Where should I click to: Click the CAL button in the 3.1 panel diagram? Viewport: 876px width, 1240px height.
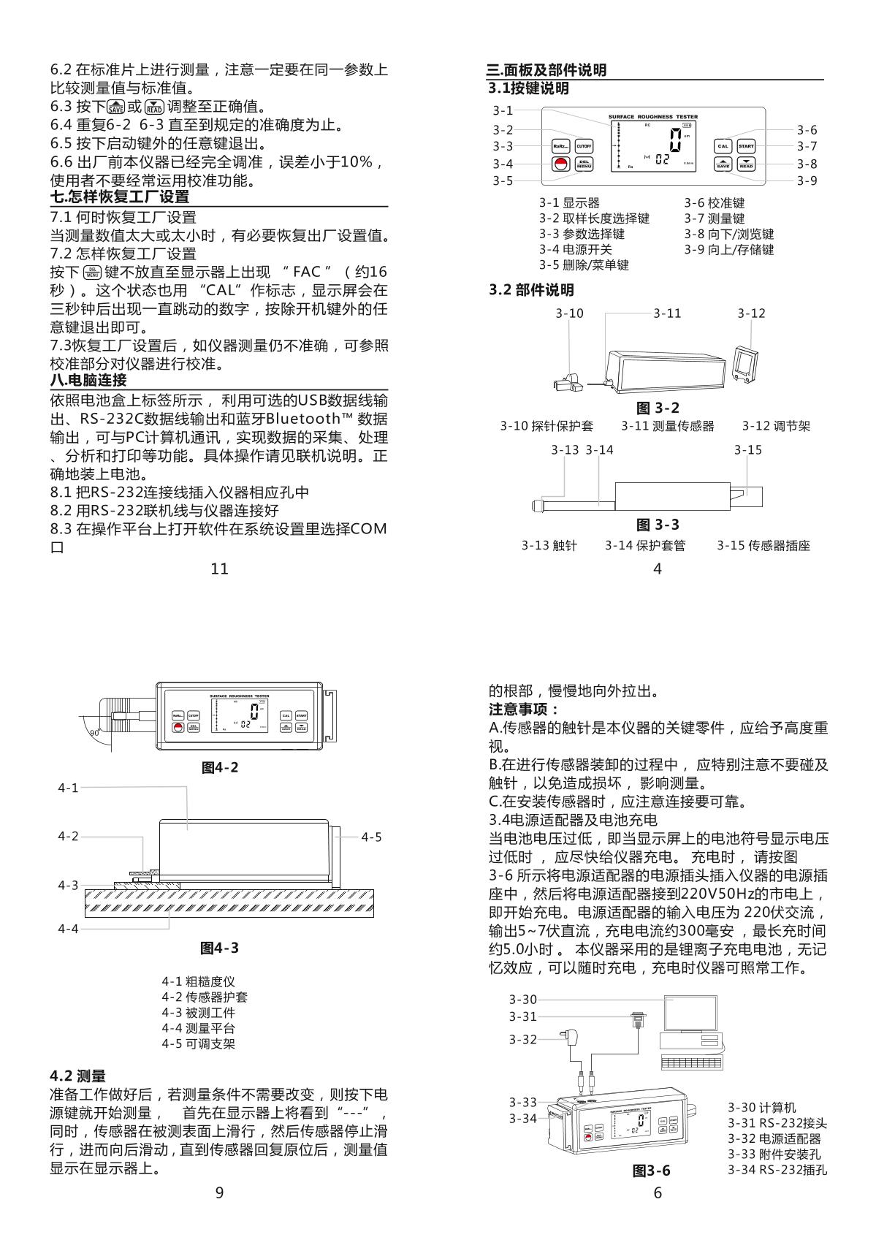[x=723, y=146]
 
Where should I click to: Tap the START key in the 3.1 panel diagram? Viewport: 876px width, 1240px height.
[x=746, y=146]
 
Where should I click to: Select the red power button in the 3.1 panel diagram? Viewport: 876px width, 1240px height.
[x=560, y=164]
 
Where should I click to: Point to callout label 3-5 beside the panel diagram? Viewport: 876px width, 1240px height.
[x=503, y=181]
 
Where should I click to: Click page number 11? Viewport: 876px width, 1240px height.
[x=219, y=568]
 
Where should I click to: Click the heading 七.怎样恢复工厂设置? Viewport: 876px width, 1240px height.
[x=120, y=197]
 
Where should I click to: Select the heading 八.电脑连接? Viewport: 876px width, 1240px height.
[x=88, y=381]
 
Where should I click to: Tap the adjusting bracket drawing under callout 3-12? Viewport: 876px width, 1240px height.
[x=744, y=363]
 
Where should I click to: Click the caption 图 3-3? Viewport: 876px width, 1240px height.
[x=658, y=525]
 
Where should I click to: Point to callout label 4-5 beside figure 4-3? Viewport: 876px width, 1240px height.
[x=371, y=837]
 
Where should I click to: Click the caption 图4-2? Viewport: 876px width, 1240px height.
[x=219, y=768]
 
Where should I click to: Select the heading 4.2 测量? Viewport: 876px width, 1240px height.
[x=78, y=1076]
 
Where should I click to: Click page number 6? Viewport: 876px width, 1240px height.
[x=658, y=1193]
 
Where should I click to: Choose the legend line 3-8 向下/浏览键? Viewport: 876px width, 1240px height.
[x=728, y=234]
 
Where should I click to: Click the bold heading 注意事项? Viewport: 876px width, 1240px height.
[x=523, y=710]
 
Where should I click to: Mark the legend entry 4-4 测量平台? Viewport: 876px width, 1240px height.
[x=198, y=1028]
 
